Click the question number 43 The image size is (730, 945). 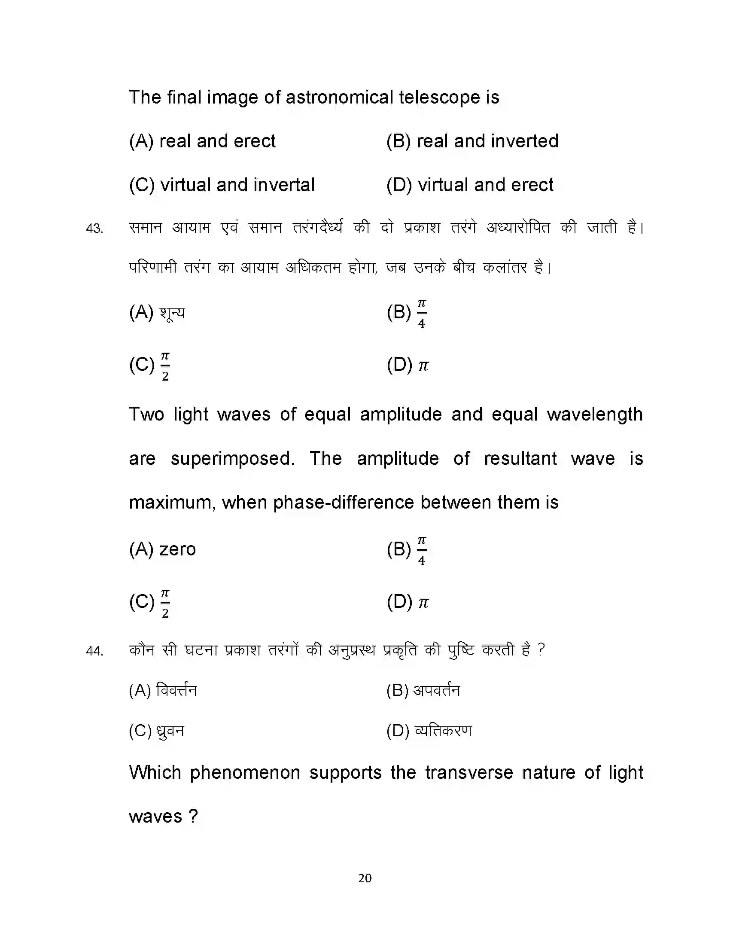(x=94, y=228)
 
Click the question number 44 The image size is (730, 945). (x=94, y=651)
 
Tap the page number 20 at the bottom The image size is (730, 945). (x=365, y=878)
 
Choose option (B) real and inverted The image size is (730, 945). (x=472, y=141)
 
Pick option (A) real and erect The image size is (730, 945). (x=202, y=141)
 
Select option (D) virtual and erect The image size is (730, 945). (x=470, y=185)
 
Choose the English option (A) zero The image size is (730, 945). (x=162, y=549)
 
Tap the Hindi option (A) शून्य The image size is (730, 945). (x=157, y=312)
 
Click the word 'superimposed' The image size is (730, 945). (x=232, y=459)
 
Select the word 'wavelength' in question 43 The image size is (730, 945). (x=595, y=415)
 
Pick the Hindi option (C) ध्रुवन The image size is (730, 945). (x=157, y=731)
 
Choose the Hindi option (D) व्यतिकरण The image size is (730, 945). (x=429, y=731)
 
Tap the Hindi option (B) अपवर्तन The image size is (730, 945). (x=423, y=690)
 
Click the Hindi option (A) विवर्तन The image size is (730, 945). (x=163, y=690)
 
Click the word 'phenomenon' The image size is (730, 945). (x=245, y=773)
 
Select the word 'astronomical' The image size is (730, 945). (x=339, y=98)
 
